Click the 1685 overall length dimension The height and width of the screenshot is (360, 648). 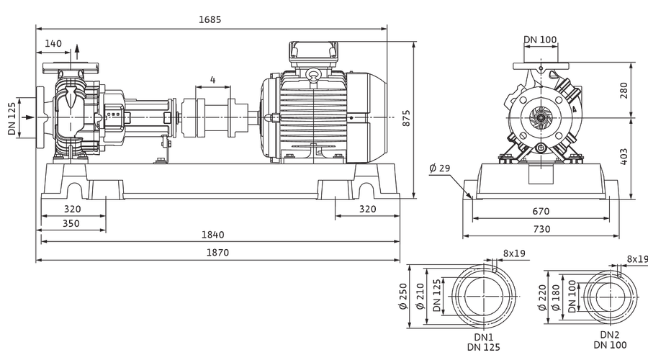[x=210, y=19]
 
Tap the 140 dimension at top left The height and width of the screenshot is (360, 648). [x=53, y=43]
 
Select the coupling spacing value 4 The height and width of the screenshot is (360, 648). [x=213, y=79]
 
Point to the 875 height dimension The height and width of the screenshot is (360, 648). [x=406, y=118]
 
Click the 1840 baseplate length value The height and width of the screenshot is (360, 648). [x=213, y=235]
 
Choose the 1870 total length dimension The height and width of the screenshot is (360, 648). [x=217, y=253]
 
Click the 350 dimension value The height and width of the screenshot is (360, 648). [x=71, y=224]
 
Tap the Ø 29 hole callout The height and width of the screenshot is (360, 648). [x=440, y=168]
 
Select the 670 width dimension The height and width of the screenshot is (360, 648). [x=541, y=211]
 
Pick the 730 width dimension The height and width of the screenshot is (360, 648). [x=541, y=229]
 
